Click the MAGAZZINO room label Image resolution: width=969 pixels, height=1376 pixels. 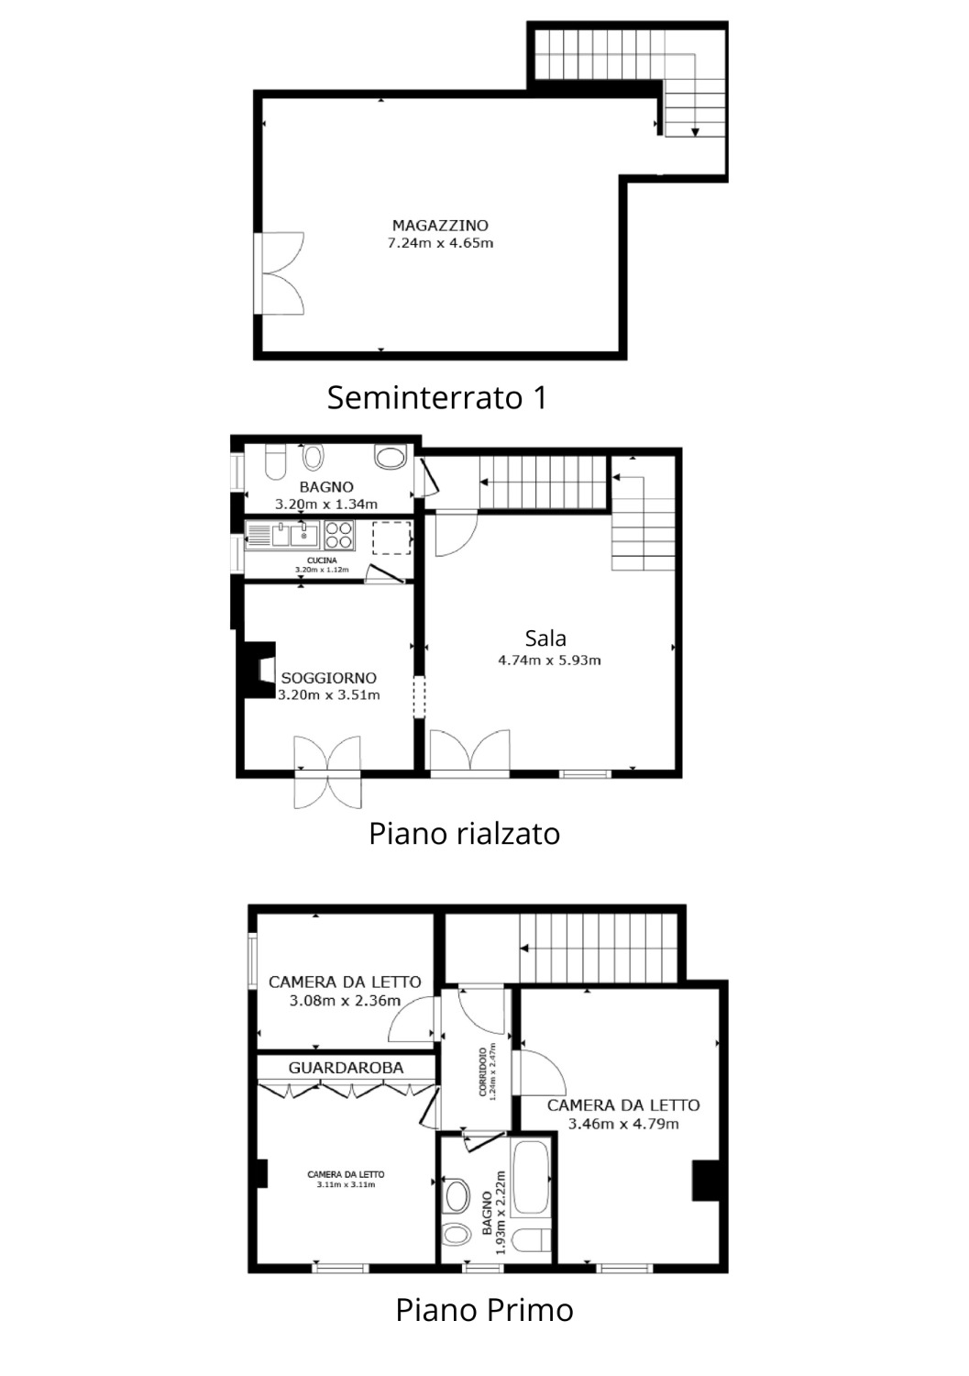pyautogui.click(x=440, y=226)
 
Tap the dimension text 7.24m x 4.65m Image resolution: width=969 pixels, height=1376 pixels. pyautogui.click(x=440, y=243)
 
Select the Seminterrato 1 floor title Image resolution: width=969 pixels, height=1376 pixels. pyautogui.click(x=436, y=397)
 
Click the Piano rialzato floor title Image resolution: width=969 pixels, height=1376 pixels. pyautogui.click(x=464, y=834)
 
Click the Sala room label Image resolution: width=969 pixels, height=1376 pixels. pyautogui.click(x=545, y=638)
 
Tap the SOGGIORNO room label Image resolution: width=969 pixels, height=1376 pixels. pyautogui.click(x=328, y=678)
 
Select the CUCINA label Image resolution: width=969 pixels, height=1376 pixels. pyautogui.click(x=322, y=560)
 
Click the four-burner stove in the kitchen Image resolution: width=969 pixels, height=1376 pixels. pyautogui.click(x=339, y=535)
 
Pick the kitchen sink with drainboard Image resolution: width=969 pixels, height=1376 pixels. pyautogui.click(x=282, y=535)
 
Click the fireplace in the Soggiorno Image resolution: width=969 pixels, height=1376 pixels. pyautogui.click(x=257, y=670)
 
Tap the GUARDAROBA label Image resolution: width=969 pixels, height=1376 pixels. pyautogui.click(x=346, y=1068)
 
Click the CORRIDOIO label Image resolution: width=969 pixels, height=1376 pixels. pyautogui.click(x=482, y=1071)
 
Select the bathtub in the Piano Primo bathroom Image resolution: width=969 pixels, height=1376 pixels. pyautogui.click(x=530, y=1176)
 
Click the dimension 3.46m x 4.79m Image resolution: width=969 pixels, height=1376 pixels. pyautogui.click(x=623, y=1124)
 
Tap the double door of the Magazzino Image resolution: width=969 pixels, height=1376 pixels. pyautogui.click(x=280, y=273)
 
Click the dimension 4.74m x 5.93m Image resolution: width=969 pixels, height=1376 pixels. pyautogui.click(x=549, y=660)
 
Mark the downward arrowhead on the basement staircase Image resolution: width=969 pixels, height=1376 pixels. pyautogui.click(x=695, y=131)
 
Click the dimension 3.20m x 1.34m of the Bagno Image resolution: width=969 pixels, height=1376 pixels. pyautogui.click(x=326, y=505)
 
